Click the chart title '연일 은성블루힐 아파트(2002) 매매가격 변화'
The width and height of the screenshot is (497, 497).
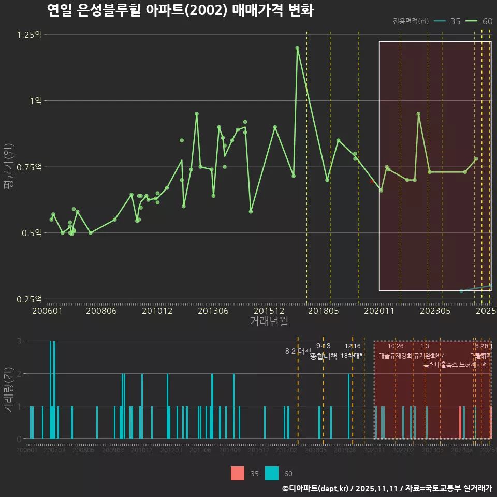(x=180, y=10)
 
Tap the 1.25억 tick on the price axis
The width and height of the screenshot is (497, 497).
(x=30, y=35)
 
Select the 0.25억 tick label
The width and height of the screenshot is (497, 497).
(x=30, y=299)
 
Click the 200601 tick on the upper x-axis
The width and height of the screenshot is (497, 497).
(x=48, y=311)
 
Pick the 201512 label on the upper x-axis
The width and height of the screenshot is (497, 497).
(x=269, y=311)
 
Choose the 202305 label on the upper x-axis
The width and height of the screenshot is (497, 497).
(x=435, y=311)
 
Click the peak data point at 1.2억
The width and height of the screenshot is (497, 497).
(x=297, y=48)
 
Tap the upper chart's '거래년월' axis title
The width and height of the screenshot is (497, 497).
(x=269, y=321)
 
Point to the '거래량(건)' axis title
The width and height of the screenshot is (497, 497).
(x=8, y=390)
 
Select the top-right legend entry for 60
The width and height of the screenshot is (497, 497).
(x=479, y=21)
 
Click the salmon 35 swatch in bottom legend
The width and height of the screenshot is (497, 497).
(x=238, y=473)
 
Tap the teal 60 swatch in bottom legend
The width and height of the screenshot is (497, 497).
(x=272, y=473)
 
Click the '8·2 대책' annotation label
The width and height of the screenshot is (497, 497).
(x=298, y=351)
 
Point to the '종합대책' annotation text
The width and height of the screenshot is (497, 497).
(x=323, y=356)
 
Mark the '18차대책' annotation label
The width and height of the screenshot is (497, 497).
(x=353, y=356)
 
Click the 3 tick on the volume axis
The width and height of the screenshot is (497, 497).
(x=19, y=341)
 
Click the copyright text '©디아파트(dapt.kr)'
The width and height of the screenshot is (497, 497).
(x=316, y=488)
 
